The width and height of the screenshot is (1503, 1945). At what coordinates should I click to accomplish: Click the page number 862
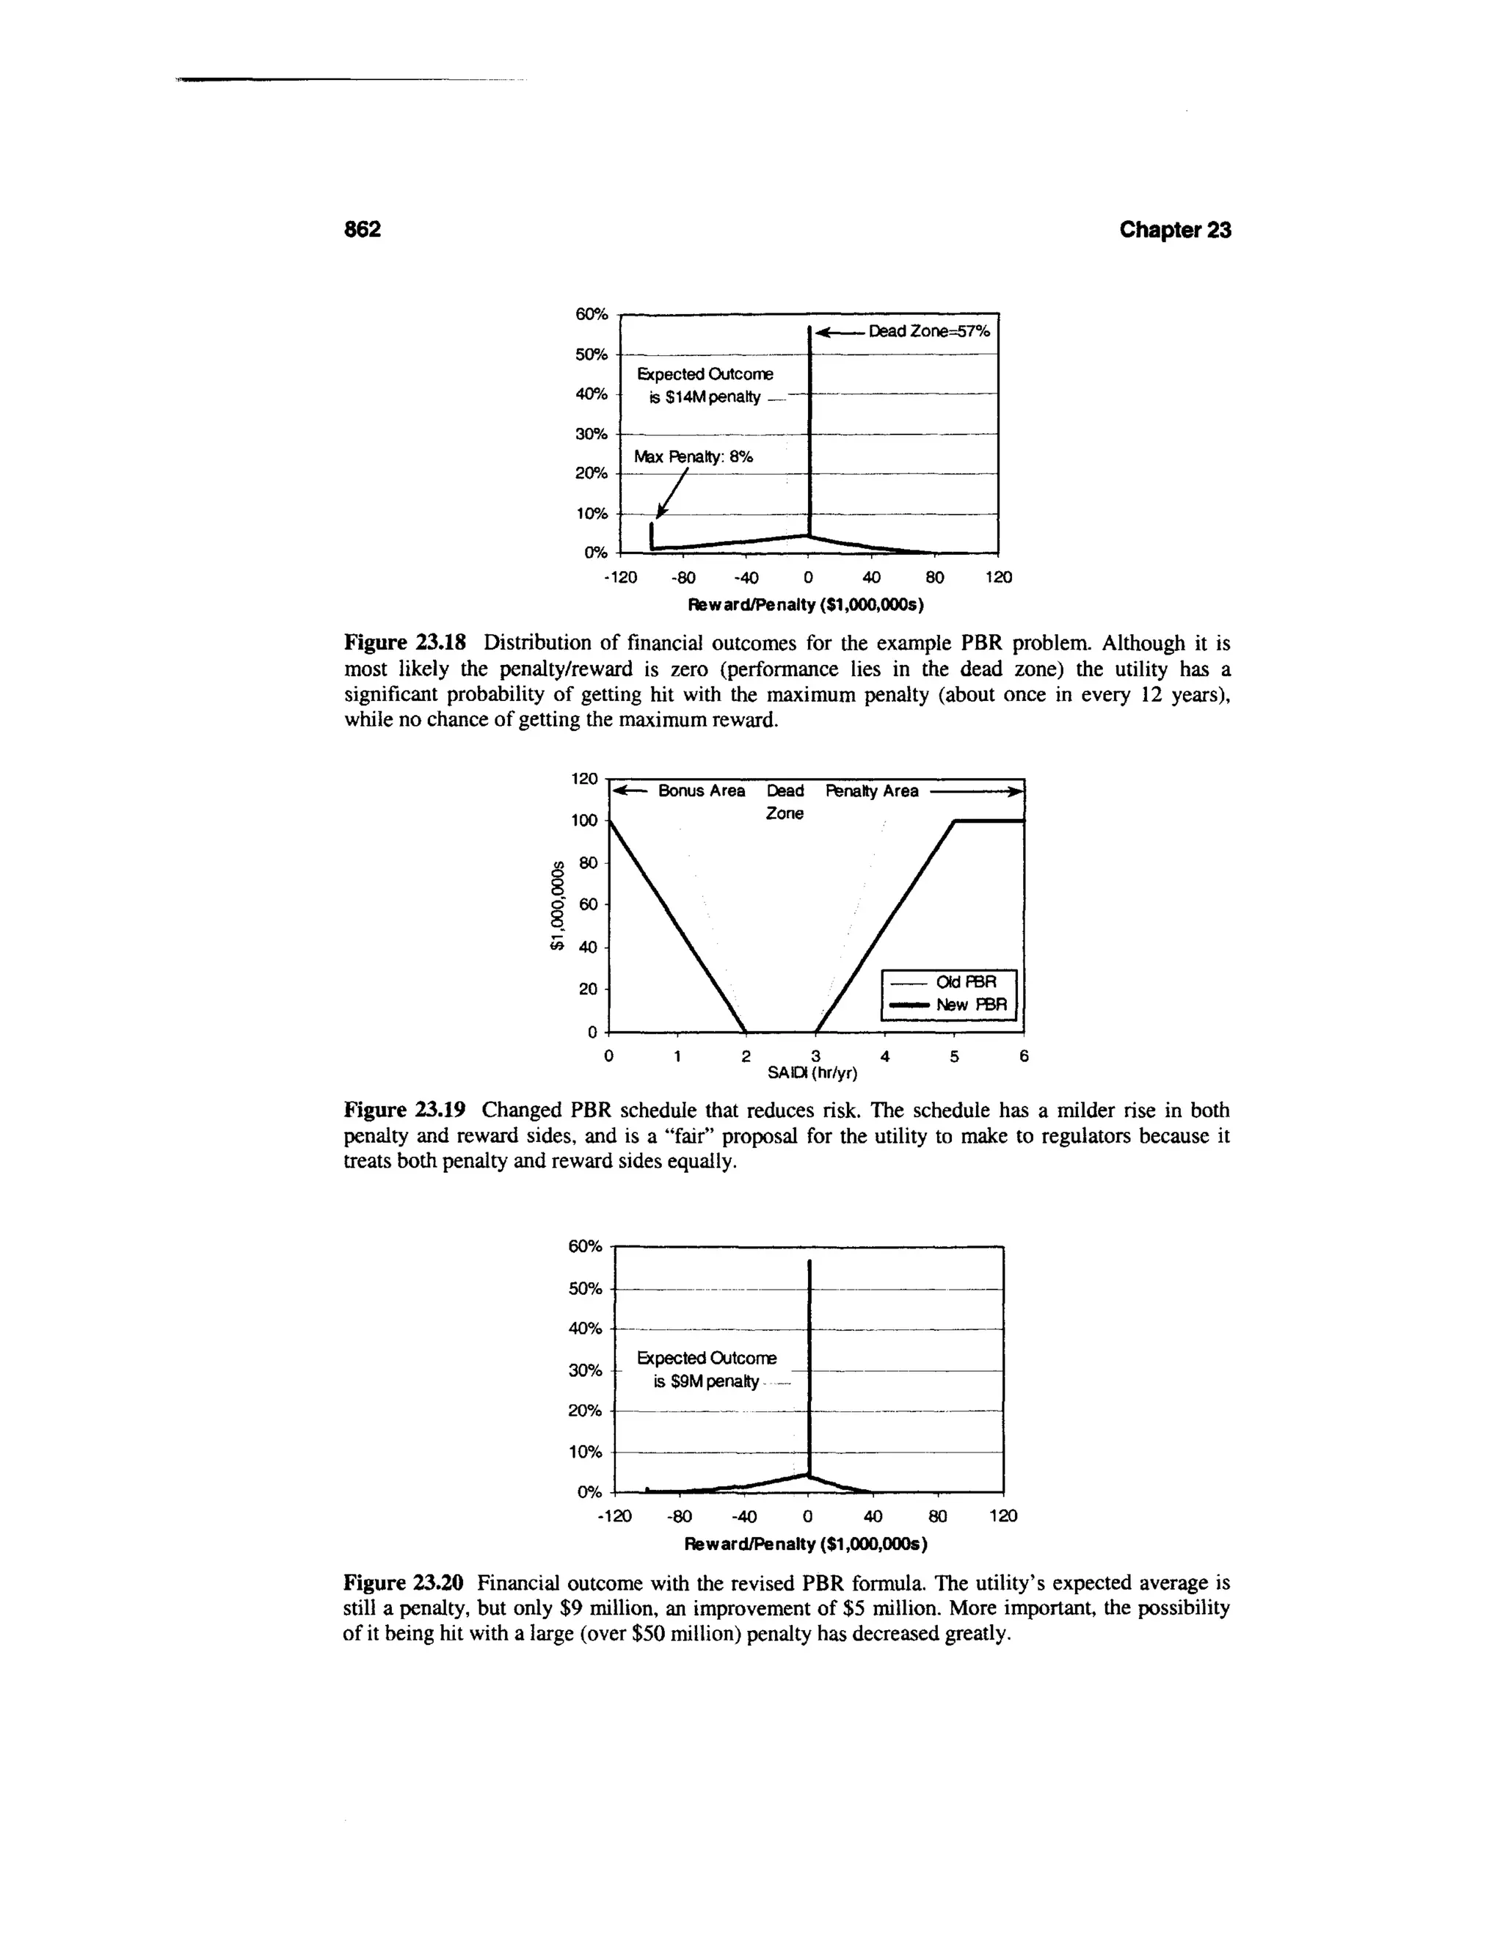pyautogui.click(x=363, y=230)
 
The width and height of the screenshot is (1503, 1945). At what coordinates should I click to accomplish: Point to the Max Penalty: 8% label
pyautogui.click(x=693, y=457)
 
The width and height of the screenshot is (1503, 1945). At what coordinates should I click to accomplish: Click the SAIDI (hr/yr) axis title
pyautogui.click(x=812, y=1073)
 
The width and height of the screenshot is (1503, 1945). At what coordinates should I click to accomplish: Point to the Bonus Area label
pyautogui.click(x=701, y=790)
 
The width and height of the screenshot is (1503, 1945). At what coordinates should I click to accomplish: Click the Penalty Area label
pyautogui.click(x=872, y=790)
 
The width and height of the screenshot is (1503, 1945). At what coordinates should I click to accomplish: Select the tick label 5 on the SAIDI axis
pyautogui.click(x=953, y=1056)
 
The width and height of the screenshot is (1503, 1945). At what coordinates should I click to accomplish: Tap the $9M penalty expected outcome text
pyautogui.click(x=705, y=1382)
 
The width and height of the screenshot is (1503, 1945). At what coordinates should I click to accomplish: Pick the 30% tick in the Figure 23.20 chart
pyautogui.click(x=585, y=1370)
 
